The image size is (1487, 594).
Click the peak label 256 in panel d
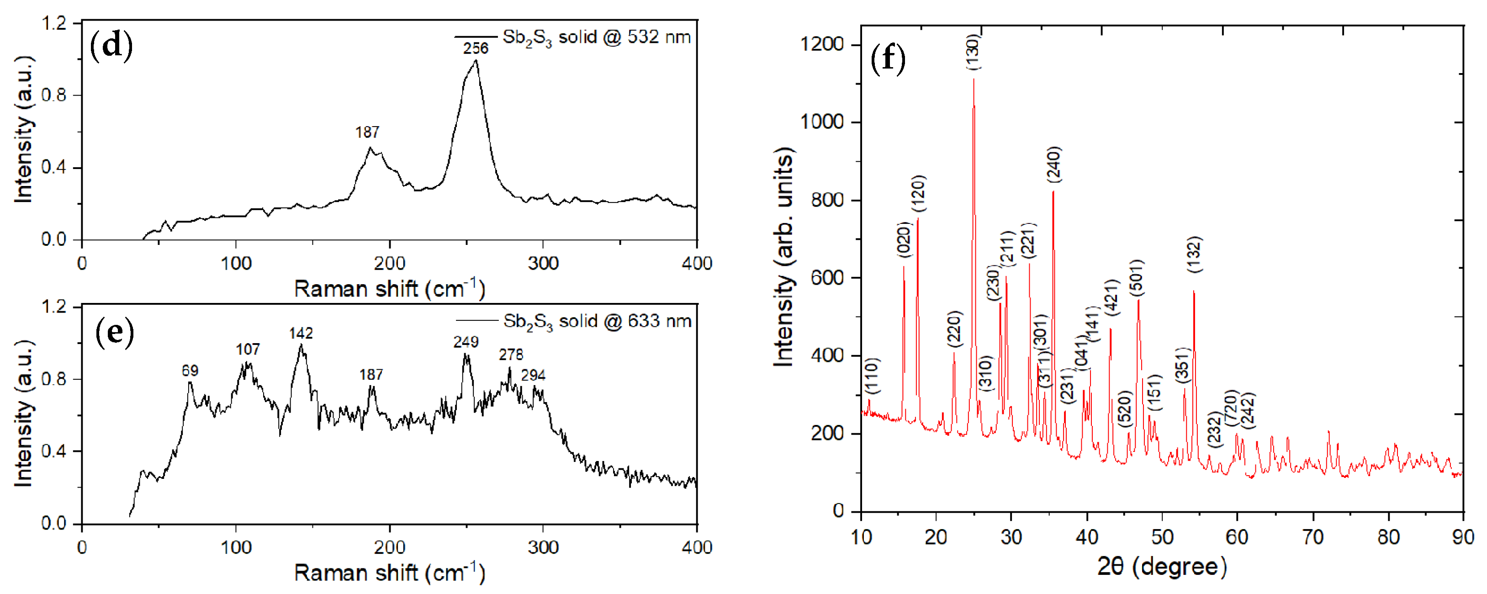[475, 48]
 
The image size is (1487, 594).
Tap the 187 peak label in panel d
[367, 132]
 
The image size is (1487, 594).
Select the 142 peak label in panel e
[301, 333]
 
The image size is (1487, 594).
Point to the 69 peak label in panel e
[190, 371]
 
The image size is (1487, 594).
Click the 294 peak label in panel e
[533, 375]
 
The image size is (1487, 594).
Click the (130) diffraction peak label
[973, 52]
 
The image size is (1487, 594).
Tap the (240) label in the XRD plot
[1054, 164]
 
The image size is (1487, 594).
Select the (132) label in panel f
[1194, 255]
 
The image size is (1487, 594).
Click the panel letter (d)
[111, 46]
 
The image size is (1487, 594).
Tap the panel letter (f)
[888, 58]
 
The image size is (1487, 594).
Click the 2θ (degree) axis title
[1161, 566]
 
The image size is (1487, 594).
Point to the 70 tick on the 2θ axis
[1312, 537]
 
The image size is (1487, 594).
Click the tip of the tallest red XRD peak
[974, 79]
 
